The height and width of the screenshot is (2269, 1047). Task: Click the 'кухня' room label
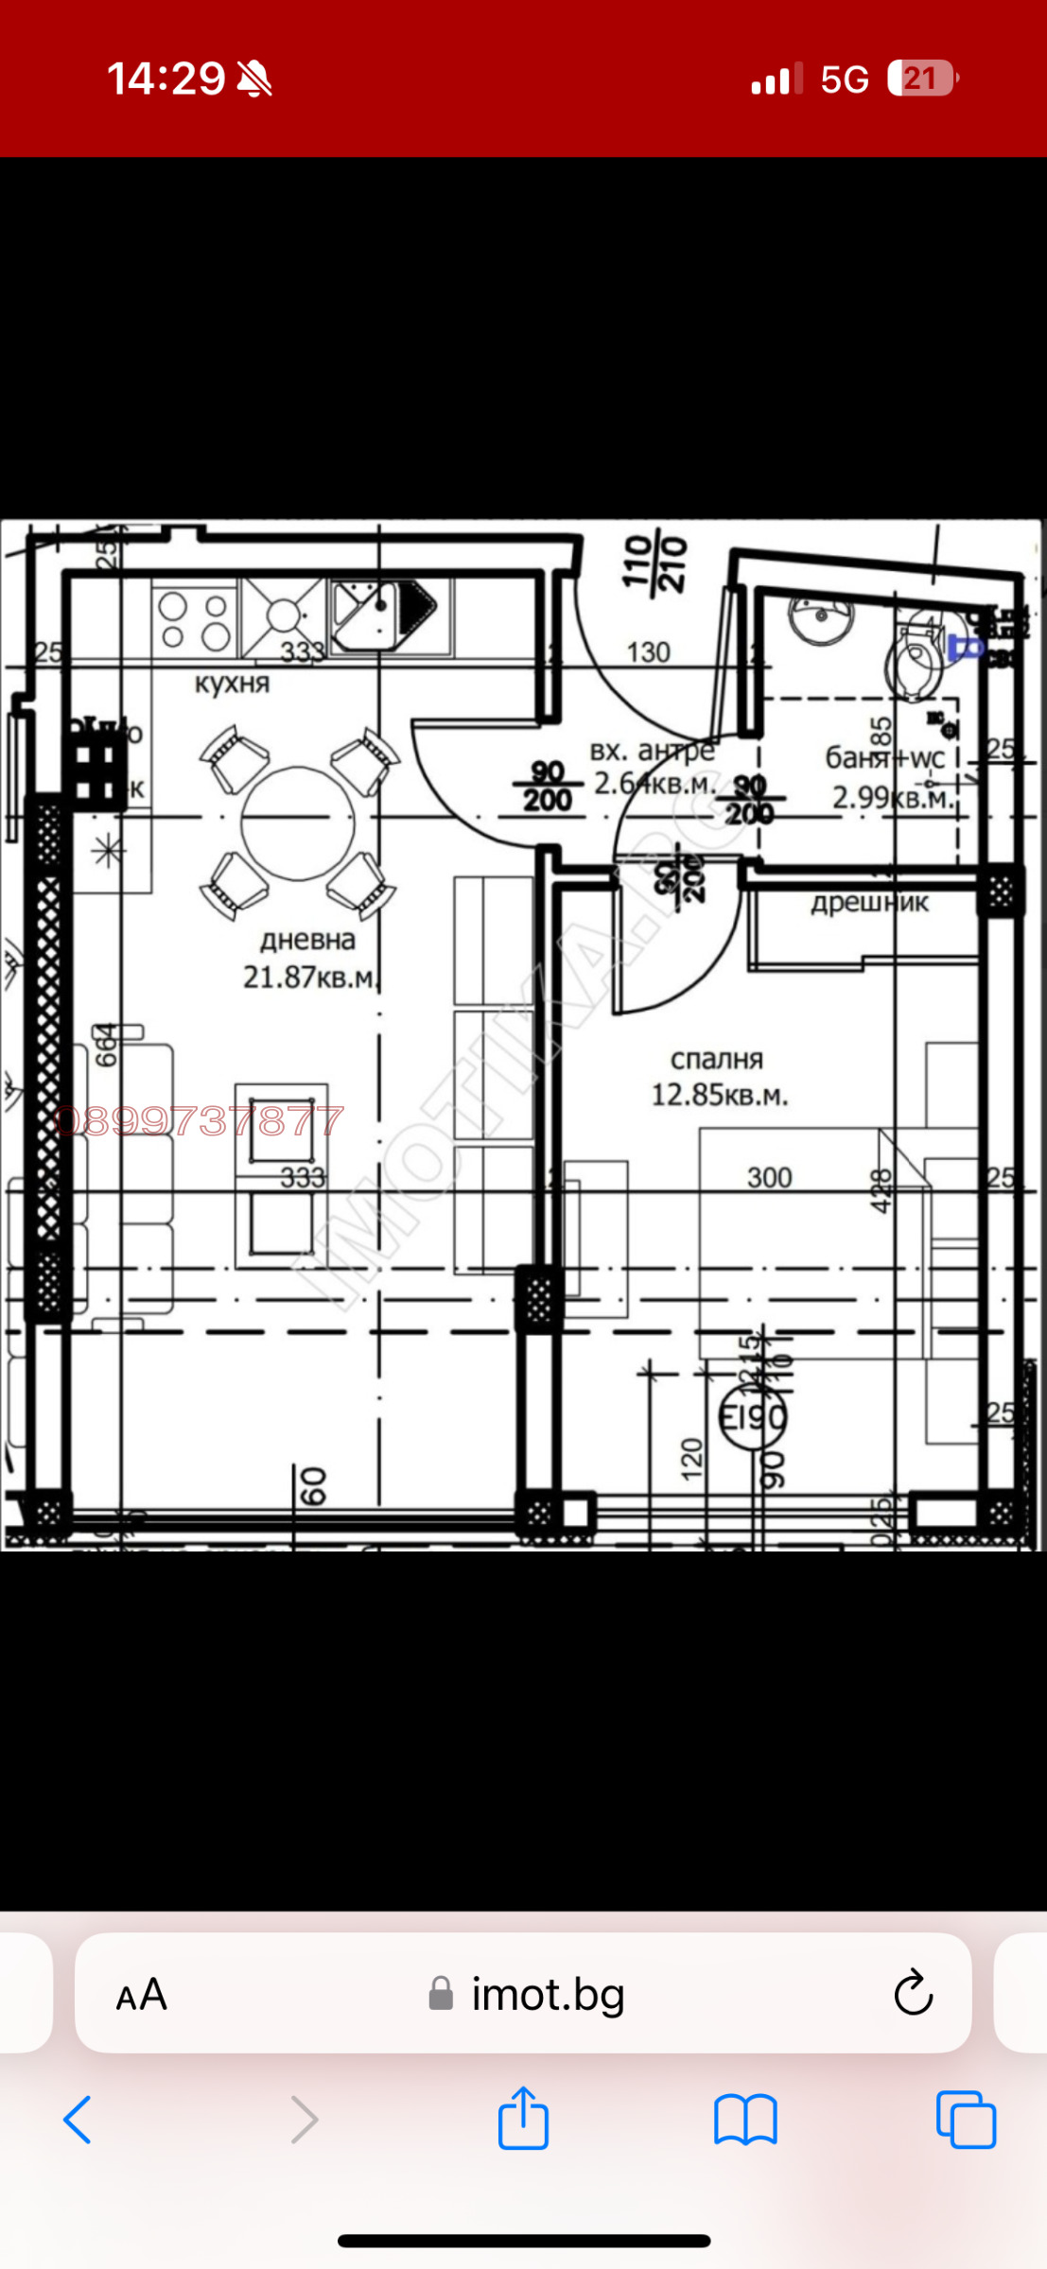232,683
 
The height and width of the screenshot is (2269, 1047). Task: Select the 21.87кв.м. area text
310,977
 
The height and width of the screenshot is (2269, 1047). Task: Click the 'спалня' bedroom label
717,1059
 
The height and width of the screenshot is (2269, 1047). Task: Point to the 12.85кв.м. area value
719,1095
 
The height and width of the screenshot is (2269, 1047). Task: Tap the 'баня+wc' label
884,758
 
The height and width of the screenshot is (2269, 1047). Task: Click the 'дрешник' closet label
869,903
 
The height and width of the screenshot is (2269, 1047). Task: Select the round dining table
298,823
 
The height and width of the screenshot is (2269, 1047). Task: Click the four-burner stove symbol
194,620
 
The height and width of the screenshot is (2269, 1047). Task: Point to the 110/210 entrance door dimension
654,563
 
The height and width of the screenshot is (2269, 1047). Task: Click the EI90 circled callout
753,1417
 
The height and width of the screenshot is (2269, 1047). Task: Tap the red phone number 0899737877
199,1121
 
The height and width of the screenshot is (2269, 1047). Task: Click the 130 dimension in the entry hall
648,652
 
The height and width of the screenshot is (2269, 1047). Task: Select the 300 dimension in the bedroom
769,1177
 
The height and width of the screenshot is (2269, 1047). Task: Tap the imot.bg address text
548,1994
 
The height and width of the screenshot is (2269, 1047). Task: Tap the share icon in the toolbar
523,2119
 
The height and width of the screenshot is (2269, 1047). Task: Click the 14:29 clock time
166,78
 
